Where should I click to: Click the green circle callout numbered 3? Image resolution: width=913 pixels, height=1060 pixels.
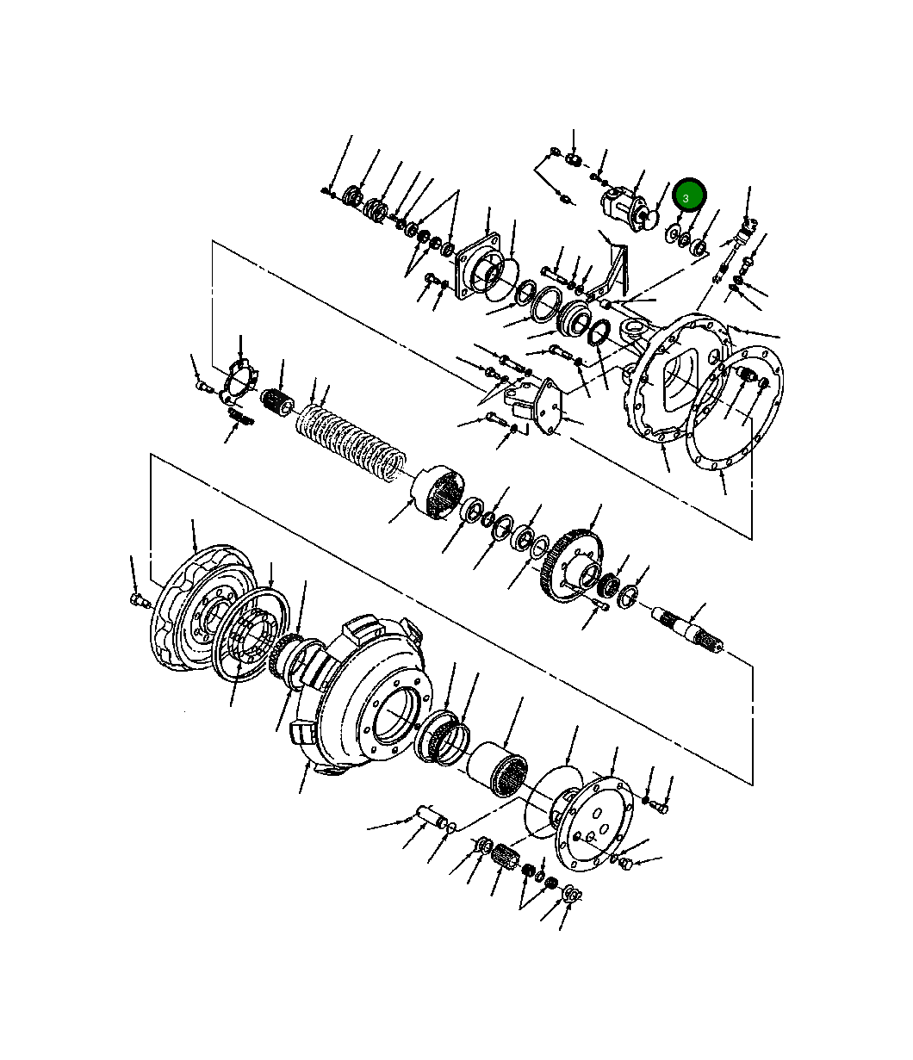coord(689,197)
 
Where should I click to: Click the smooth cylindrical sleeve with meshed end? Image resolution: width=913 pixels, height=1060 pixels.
coord(498,768)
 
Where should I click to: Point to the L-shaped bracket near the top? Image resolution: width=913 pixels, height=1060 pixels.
coord(617,267)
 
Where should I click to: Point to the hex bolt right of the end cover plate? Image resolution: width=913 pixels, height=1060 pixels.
coord(661,808)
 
